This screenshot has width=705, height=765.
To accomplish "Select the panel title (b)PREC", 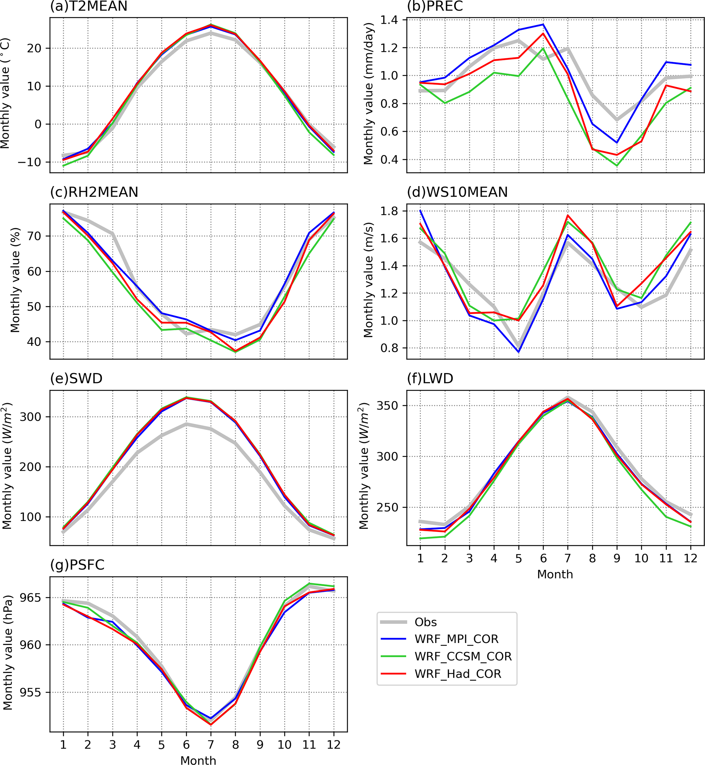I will coord(435,6).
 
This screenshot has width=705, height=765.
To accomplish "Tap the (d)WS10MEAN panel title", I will coord(457,192).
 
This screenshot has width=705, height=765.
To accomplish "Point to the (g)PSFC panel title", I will coord(77,565).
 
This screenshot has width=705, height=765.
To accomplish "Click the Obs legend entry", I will coord(425,622).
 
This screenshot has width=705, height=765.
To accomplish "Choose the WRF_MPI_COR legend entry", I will coord(456,639).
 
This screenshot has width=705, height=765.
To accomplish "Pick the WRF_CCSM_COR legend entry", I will coord(463,656).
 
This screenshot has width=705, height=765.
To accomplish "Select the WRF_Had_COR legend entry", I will coord(458,674).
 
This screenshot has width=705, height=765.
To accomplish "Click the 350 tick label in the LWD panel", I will coord(387,406).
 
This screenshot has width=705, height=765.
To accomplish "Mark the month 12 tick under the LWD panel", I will coord(690,559).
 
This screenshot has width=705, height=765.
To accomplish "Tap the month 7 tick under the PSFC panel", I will coord(210,745).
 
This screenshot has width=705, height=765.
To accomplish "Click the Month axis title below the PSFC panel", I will coord(198,760).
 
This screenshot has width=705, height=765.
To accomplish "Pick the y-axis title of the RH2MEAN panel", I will coord(15,280).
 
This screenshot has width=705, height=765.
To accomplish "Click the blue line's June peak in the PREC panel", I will coord(543,25).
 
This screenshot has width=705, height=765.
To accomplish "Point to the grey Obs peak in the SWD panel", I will coord(186,424).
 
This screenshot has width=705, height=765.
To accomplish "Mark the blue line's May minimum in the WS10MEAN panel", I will coord(518,351).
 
